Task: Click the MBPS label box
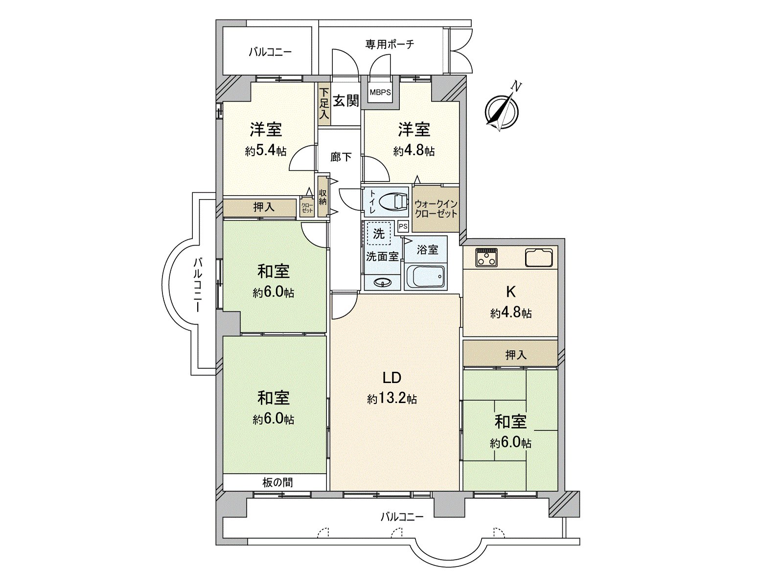point(380,91)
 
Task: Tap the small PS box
point(403,227)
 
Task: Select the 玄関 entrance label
point(346,101)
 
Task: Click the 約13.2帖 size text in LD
point(392,400)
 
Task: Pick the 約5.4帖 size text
point(266,151)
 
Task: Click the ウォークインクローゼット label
point(436,209)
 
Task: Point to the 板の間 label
point(277,483)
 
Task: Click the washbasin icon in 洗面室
point(382,282)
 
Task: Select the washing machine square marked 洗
point(378,233)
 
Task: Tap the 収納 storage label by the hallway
point(322,197)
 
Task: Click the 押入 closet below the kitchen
point(510,355)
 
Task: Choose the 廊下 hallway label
point(341,157)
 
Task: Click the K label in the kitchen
point(510,292)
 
